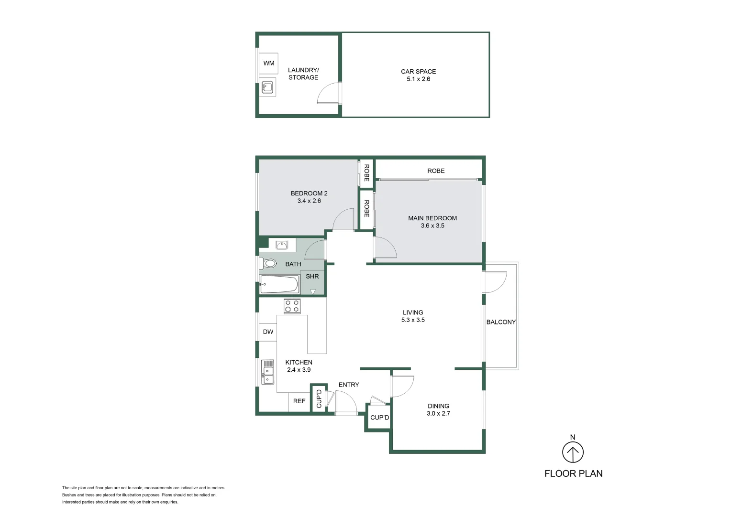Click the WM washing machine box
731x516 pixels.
click(268, 63)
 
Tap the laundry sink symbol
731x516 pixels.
click(267, 87)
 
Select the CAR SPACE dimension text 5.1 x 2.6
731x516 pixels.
click(418, 79)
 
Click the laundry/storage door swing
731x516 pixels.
click(329, 93)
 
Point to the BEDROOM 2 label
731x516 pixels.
click(309, 193)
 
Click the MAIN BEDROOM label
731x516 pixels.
click(432, 218)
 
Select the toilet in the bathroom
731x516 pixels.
click(269, 263)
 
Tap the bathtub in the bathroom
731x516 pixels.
click(279, 284)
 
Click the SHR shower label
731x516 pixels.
click(312, 276)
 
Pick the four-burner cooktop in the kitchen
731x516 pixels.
click(292, 306)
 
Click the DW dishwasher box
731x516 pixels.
click(268, 332)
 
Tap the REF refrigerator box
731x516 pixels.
click(299, 401)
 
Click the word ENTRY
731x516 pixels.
click(348, 385)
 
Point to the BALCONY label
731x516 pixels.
click(501, 322)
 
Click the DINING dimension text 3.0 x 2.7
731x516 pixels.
click(438, 414)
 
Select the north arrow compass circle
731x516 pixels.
click(573, 452)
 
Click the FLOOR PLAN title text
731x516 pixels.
click(573, 473)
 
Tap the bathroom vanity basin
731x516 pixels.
click(282, 245)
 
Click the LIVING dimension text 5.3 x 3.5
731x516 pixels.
click(413, 320)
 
